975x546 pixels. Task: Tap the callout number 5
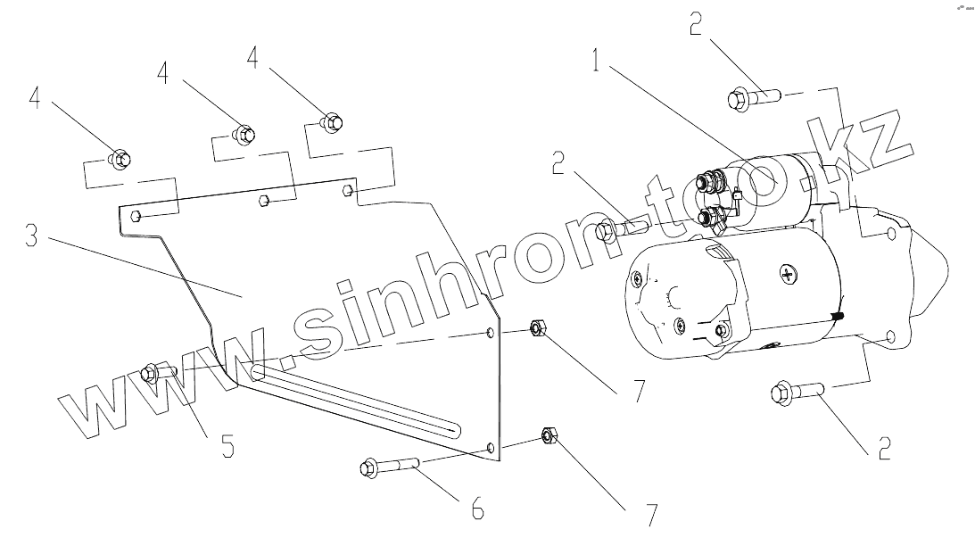228,445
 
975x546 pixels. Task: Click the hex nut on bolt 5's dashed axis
538,329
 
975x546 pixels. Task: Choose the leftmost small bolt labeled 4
119,160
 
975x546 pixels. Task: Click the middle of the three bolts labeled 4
244,134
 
